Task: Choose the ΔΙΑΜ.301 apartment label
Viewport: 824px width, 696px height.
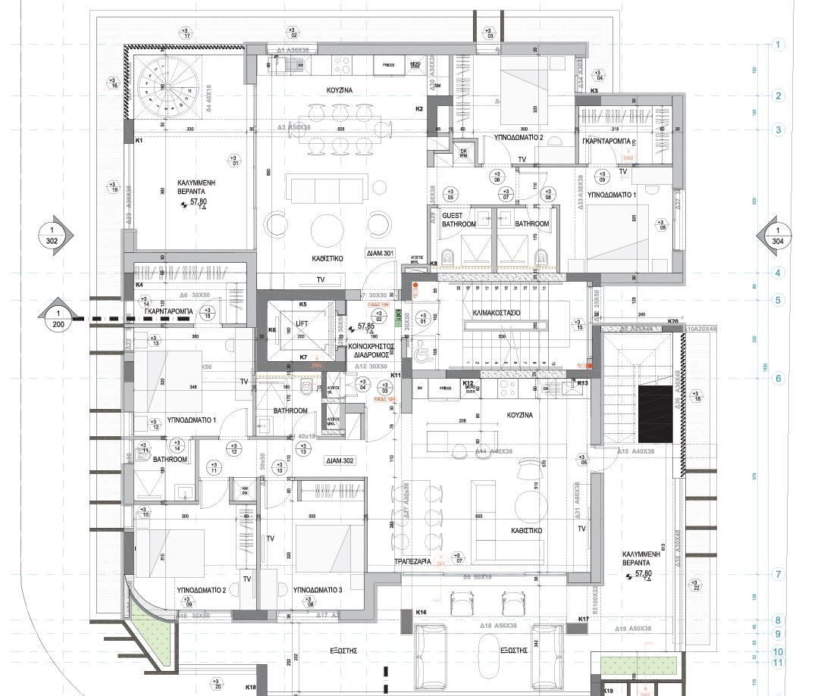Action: [380, 253]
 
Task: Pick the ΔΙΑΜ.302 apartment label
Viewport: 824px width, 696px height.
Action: [342, 460]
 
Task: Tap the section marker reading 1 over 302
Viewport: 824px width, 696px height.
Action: [52, 235]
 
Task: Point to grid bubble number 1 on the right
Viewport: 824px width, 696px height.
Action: [778, 45]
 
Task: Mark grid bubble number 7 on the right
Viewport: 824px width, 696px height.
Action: [778, 574]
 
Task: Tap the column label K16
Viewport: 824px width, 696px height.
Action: [421, 610]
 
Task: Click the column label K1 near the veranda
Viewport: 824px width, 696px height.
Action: [139, 141]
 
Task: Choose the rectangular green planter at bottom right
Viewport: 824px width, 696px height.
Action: [638, 664]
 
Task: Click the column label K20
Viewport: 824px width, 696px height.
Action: [672, 322]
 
